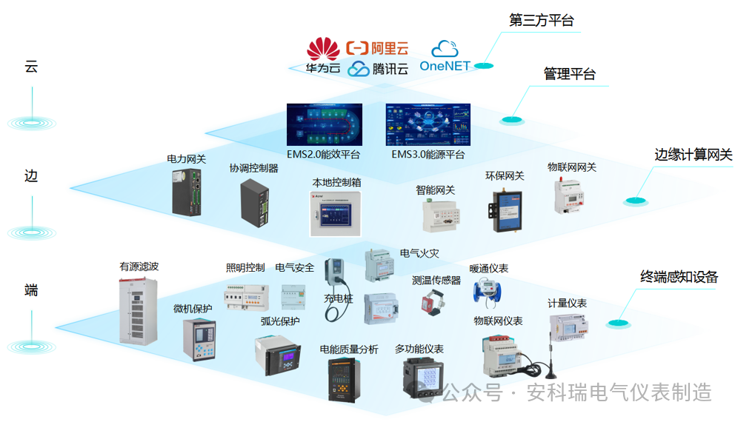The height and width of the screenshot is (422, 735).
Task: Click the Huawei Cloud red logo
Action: click(323, 49)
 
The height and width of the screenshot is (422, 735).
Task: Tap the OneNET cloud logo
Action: click(445, 50)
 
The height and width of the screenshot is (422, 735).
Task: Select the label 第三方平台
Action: click(542, 21)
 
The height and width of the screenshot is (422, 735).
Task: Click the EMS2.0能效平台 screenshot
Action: click(324, 124)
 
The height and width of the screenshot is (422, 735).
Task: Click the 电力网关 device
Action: click(187, 192)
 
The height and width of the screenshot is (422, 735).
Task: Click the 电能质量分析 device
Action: click(344, 380)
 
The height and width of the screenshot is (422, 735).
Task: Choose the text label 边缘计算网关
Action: click(693, 155)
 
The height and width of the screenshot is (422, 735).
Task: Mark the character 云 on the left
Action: click(31, 67)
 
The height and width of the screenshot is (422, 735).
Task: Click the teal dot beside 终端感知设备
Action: click(615, 324)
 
